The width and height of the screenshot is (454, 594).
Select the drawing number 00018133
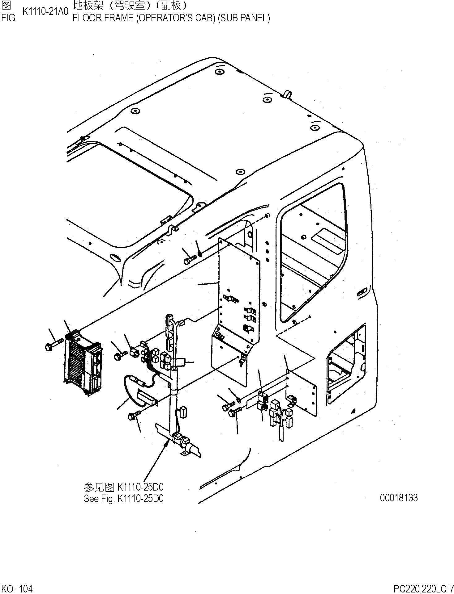(399, 498)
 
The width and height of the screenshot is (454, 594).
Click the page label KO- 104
(17, 589)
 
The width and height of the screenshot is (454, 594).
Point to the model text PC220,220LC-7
(423, 589)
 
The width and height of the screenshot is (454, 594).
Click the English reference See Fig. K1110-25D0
(123, 499)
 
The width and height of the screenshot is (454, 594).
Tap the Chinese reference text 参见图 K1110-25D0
(123, 487)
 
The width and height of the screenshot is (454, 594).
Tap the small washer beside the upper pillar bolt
(200, 254)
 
